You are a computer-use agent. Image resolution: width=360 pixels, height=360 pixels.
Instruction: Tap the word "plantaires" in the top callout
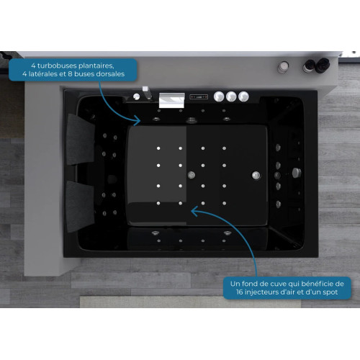tap(95, 66)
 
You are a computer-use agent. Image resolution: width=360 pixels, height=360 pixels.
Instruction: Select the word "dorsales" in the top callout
tap(110, 74)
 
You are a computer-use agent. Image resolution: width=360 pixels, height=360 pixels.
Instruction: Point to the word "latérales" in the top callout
tap(42, 74)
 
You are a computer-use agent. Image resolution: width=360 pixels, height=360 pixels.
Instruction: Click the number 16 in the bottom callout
tap(240, 292)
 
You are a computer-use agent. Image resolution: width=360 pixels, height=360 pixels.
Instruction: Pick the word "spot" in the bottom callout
tap(330, 292)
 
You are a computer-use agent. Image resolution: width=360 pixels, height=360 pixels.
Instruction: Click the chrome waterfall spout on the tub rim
tap(172, 100)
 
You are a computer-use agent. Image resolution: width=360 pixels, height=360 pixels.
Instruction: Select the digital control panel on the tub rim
tap(199, 96)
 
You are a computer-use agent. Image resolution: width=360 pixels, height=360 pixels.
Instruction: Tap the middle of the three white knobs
tap(231, 96)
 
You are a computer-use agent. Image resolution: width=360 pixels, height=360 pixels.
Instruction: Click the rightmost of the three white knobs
tap(243, 96)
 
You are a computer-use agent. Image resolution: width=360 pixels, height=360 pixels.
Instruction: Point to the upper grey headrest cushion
tap(80, 140)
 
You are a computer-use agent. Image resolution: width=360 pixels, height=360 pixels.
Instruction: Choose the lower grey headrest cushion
tap(80, 207)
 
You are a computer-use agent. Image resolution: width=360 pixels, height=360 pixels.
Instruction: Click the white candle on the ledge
tap(283, 67)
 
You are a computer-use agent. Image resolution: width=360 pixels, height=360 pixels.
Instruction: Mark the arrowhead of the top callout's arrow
tap(138, 120)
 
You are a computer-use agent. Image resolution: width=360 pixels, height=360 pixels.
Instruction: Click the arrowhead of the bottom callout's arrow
tap(194, 211)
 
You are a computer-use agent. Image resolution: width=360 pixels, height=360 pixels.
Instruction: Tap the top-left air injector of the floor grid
tap(158, 148)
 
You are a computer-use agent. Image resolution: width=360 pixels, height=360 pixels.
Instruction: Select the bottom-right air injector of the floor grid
tap(224, 203)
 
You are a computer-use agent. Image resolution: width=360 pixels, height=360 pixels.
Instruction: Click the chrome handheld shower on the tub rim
tap(147, 93)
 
